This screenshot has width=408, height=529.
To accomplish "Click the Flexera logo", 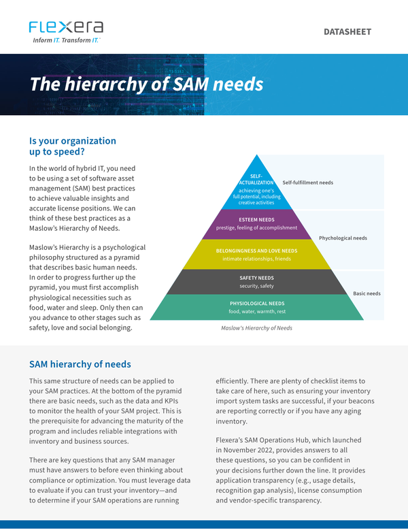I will click(66, 27).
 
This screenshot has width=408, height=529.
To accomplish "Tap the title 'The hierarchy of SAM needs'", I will click(146, 85).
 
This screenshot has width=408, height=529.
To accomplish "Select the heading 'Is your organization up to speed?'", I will click(72, 146).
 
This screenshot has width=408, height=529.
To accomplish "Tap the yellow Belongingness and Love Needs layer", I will click(257, 255).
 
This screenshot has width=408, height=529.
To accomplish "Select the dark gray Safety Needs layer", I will click(257, 282).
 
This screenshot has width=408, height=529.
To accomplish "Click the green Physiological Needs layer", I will click(257, 307).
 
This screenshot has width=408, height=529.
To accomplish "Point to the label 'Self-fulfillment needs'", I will click(307, 182).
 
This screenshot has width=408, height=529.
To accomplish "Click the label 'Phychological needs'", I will click(343, 238).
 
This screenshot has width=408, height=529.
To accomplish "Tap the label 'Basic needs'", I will click(367, 293).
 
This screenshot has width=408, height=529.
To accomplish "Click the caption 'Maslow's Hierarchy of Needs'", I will click(256, 328).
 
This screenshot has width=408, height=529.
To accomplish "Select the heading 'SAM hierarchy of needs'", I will click(80, 364).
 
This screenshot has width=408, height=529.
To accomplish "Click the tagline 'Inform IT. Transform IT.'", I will click(67, 41).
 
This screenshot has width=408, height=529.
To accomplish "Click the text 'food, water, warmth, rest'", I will click(257, 312).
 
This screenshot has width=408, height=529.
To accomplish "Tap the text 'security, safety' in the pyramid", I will click(257, 286).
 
